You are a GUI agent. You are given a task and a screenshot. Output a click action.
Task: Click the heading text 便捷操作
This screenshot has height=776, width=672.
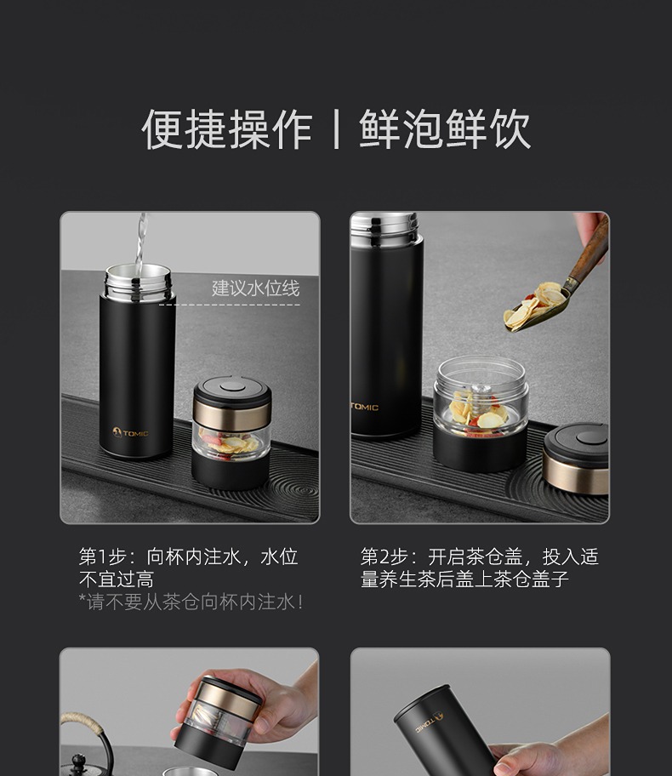click(x=227, y=129)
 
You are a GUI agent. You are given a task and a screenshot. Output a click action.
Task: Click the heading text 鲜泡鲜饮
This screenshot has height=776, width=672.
click(x=445, y=129)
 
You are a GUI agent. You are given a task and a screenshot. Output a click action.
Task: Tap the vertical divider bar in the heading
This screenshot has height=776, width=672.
click(x=337, y=129)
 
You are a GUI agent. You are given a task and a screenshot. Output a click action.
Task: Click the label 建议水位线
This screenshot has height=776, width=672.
click(x=256, y=288)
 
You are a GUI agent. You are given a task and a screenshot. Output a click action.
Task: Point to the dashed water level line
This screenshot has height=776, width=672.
click(x=230, y=305)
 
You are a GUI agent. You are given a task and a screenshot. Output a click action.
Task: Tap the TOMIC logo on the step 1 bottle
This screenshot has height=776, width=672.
click(x=130, y=433)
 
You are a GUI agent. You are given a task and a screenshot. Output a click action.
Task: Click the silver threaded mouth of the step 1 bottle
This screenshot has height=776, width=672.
click(x=138, y=282)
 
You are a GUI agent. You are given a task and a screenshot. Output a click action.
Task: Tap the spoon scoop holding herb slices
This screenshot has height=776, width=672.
click(x=536, y=307)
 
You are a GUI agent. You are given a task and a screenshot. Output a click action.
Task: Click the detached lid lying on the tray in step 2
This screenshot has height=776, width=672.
click(x=576, y=459)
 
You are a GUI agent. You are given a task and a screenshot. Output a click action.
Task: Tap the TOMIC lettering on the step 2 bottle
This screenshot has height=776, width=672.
click(x=365, y=407)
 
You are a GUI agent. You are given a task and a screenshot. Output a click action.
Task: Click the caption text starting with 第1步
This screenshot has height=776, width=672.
click(x=189, y=568)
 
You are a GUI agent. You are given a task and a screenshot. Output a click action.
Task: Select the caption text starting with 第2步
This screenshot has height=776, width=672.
click(x=480, y=568)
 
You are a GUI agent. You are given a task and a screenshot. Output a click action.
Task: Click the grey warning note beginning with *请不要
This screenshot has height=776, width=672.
click(x=191, y=602)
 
